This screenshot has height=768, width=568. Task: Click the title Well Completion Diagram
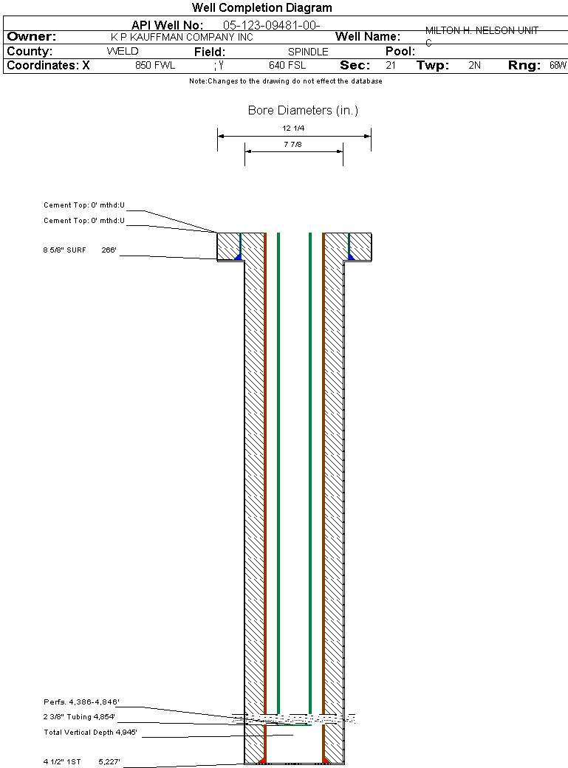[261, 8]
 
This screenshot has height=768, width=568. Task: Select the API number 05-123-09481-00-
[272, 25]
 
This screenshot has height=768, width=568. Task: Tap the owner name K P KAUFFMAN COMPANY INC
[182, 37]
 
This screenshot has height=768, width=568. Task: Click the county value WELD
[123, 52]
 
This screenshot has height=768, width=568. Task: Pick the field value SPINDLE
[308, 52]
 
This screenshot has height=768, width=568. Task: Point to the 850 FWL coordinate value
[155, 66]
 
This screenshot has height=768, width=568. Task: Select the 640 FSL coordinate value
[287, 66]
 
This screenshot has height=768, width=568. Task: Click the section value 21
[391, 66]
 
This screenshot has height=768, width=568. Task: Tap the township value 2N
[474, 66]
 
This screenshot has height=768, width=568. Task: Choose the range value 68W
[558, 66]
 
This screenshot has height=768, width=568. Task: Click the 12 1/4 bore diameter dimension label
[293, 128]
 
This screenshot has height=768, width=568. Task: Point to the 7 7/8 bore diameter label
[292, 145]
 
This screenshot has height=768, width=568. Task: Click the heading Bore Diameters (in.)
[303, 111]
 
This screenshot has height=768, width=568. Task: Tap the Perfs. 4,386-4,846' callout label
[81, 702]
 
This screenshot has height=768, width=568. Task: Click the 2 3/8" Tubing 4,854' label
[79, 717]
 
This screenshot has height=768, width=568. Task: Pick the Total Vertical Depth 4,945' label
[90, 733]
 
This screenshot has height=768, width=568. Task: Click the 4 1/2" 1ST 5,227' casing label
[81, 761]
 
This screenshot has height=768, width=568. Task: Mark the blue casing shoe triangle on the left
[238, 256]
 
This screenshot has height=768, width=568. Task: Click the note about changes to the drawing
[286, 81]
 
